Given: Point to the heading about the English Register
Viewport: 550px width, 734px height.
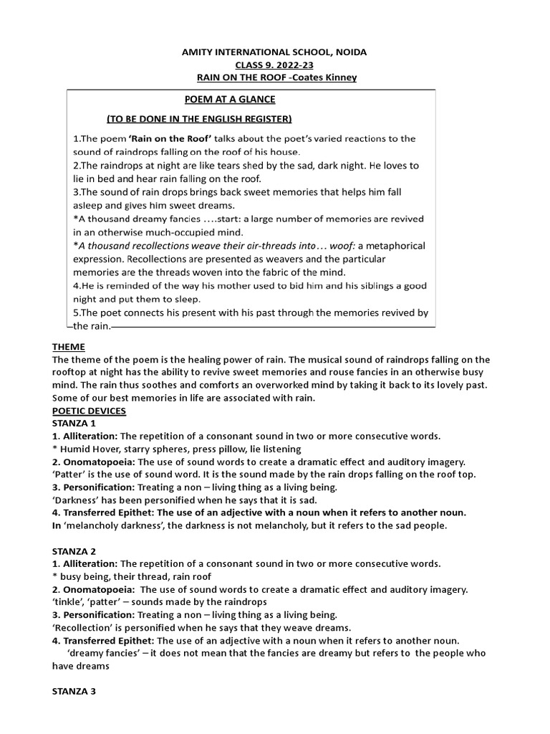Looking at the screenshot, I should point(199,118).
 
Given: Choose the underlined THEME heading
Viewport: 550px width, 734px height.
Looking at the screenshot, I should point(69,346).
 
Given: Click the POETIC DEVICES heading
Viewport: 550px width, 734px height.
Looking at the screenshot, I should point(89,411).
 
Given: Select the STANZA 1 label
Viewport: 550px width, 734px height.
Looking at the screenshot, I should point(74,424).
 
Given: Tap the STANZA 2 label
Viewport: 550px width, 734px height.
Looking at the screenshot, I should point(74,550).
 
